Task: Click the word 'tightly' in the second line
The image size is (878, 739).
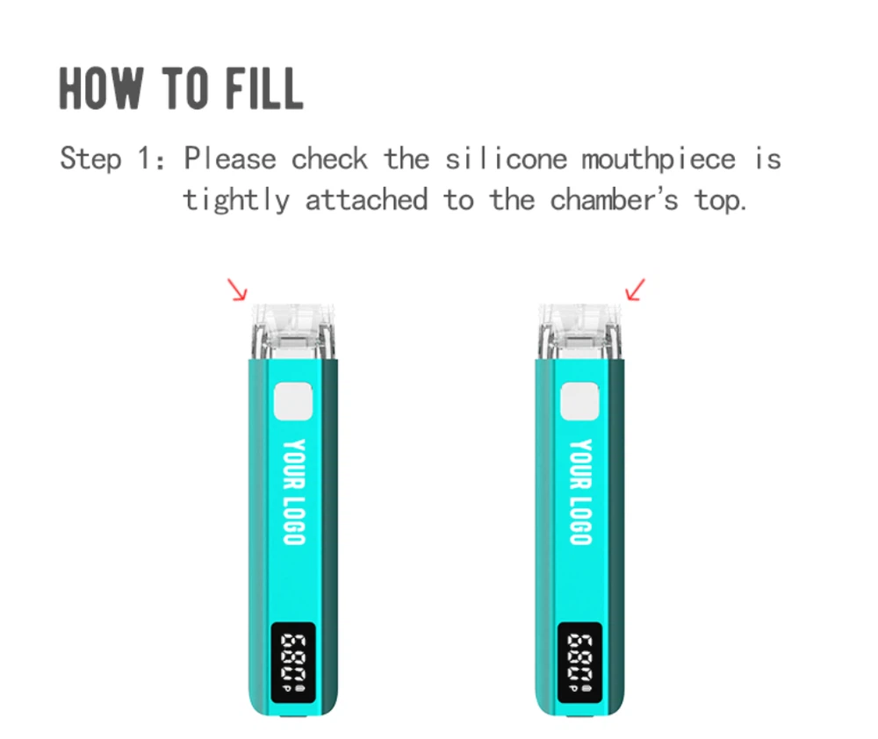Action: click(235, 201)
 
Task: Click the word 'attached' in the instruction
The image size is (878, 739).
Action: click(366, 200)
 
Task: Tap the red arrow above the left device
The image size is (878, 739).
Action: click(237, 290)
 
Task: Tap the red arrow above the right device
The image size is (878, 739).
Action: click(635, 290)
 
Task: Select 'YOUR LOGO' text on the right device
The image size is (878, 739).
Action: click(580, 491)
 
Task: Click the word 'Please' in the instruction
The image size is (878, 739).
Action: click(230, 160)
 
